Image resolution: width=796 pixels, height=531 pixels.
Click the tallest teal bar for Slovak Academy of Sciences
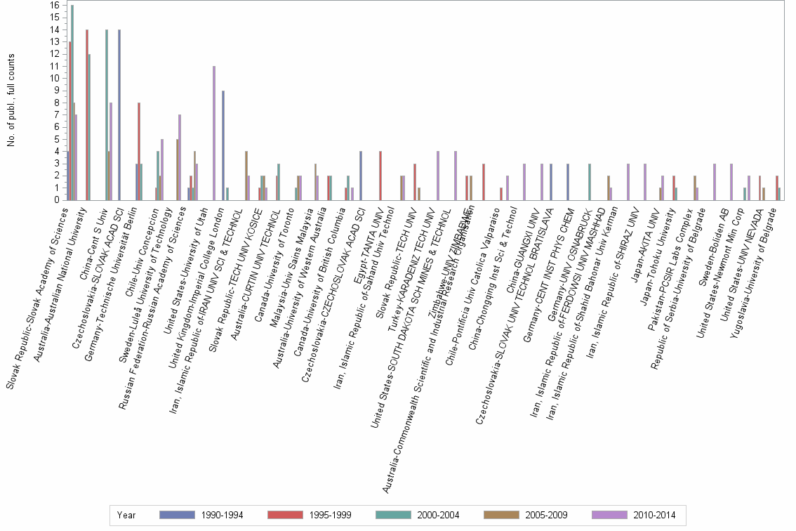(x=72, y=103)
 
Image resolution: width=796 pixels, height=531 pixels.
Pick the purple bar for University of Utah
(x=214, y=133)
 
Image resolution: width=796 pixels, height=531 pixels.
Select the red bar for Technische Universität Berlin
(x=139, y=152)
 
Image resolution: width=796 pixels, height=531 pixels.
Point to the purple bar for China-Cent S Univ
(x=111, y=152)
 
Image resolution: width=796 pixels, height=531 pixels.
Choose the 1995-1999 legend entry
(x=310, y=515)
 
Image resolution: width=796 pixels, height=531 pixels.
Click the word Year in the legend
(x=127, y=515)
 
